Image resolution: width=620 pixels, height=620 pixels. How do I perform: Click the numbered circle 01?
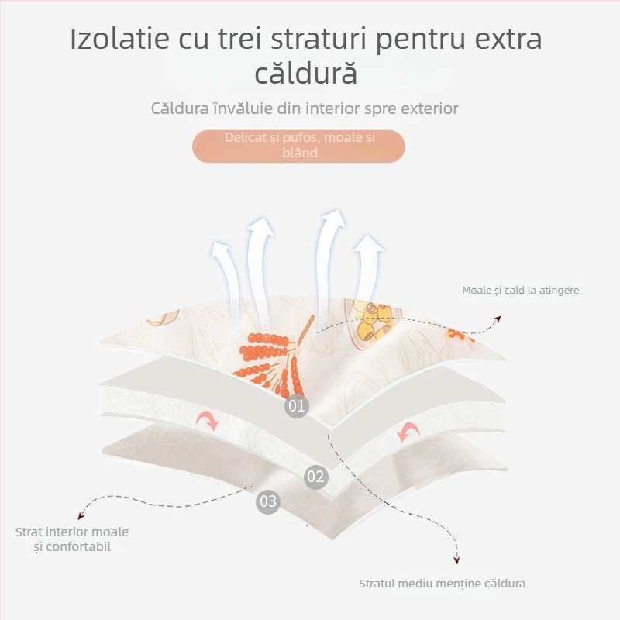(296, 405)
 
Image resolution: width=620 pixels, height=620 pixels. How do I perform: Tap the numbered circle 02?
(315, 477)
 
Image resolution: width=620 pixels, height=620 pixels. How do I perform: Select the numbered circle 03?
(268, 501)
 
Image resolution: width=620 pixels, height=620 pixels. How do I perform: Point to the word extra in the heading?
(504, 39)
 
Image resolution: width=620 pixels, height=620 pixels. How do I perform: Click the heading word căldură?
(306, 74)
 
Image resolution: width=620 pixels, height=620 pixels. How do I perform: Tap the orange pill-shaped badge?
(298, 146)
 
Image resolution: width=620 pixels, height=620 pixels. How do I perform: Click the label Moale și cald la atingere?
(521, 291)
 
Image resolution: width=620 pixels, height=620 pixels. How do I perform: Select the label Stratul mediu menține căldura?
(443, 584)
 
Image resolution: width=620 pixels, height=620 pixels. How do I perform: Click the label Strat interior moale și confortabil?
(72, 539)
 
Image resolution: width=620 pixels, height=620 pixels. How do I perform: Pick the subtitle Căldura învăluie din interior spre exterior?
(305, 108)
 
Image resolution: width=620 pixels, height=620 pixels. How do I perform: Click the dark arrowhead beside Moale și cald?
(498, 317)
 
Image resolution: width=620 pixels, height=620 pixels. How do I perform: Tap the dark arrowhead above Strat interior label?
(81, 517)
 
